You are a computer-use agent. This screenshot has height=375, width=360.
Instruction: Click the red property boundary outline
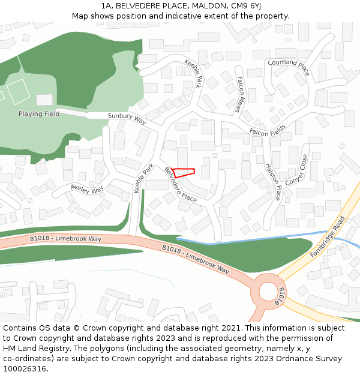coord(183,172)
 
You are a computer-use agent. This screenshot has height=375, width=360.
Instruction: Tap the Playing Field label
coord(39,114)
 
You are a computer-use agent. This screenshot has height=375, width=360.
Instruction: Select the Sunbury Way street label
coord(127,118)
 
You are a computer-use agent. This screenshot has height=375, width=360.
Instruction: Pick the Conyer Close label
coord(296,170)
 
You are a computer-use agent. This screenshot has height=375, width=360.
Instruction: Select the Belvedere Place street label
coord(181,185)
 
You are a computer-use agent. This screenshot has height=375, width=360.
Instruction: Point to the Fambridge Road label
coord(328,237)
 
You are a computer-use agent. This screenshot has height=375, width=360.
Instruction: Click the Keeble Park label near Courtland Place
coord(194,74)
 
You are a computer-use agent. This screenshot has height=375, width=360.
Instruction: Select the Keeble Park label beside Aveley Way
coord(144,178)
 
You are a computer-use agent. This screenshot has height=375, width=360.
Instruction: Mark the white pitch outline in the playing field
coord(18,91)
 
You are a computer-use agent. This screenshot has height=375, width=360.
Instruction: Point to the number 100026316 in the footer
coord(25,368)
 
